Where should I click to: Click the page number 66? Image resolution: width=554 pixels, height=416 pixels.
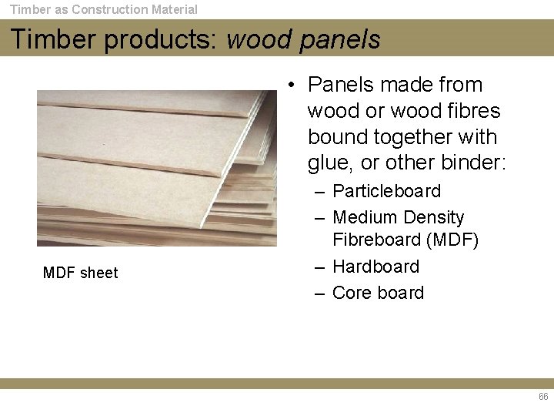pyautogui.click(x=543, y=397)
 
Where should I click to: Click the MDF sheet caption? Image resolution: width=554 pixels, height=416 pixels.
pyautogui.click(x=81, y=273)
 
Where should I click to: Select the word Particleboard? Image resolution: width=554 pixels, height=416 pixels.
pyautogui.click(x=386, y=191)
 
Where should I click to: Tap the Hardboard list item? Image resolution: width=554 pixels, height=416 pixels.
pyautogui.click(x=375, y=267)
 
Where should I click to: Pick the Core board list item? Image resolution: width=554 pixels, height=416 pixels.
pyautogui.click(x=378, y=293)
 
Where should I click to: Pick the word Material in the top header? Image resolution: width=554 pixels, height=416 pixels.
pyautogui.click(x=173, y=9)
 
